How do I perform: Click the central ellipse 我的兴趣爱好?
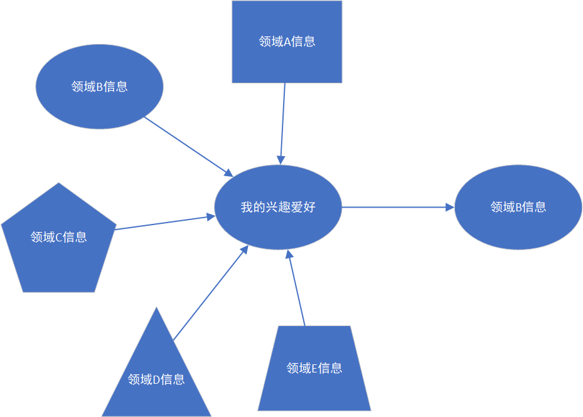click(278, 207)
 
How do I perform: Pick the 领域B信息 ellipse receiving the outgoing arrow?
click(518, 207)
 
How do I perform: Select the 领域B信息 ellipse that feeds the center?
click(99, 87)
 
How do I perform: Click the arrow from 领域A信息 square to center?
click(283, 119)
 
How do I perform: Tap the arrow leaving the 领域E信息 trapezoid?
click(296, 288)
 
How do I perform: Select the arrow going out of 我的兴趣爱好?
click(395, 207)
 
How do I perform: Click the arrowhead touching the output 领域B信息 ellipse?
click(450, 207)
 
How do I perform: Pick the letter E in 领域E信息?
click(315, 368)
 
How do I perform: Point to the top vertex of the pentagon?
click(58, 183)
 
